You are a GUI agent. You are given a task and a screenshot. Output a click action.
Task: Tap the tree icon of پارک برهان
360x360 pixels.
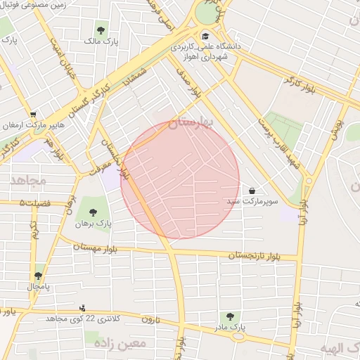pyautogui.click(x=92, y=212)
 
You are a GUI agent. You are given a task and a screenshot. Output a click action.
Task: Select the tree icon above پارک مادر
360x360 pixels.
pyautogui.click(x=229, y=316)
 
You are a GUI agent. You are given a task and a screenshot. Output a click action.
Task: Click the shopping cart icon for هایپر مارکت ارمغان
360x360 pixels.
pyautogui.click(x=33, y=115)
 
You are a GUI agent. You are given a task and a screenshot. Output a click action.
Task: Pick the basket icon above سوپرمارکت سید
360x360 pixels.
pyautogui.click(x=252, y=191)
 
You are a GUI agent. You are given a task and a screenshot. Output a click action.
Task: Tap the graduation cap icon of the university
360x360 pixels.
pyautogui.click(x=205, y=37)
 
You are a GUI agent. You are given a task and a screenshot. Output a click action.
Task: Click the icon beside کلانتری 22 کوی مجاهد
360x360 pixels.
pyautogui.click(x=83, y=308)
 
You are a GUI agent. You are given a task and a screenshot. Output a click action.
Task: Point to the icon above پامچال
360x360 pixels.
pyautogui.click(x=37, y=276)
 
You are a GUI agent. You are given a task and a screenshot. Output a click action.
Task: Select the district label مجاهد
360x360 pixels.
pyautogui.click(x=28, y=180)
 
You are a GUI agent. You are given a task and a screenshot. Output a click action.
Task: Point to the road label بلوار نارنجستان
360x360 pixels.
pyautogui.click(x=253, y=256)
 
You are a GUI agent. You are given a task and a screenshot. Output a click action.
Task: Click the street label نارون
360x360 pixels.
pyautogui.click(x=151, y=320)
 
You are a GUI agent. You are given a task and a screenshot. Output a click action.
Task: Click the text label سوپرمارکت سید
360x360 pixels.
pyautogui.click(x=252, y=201)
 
